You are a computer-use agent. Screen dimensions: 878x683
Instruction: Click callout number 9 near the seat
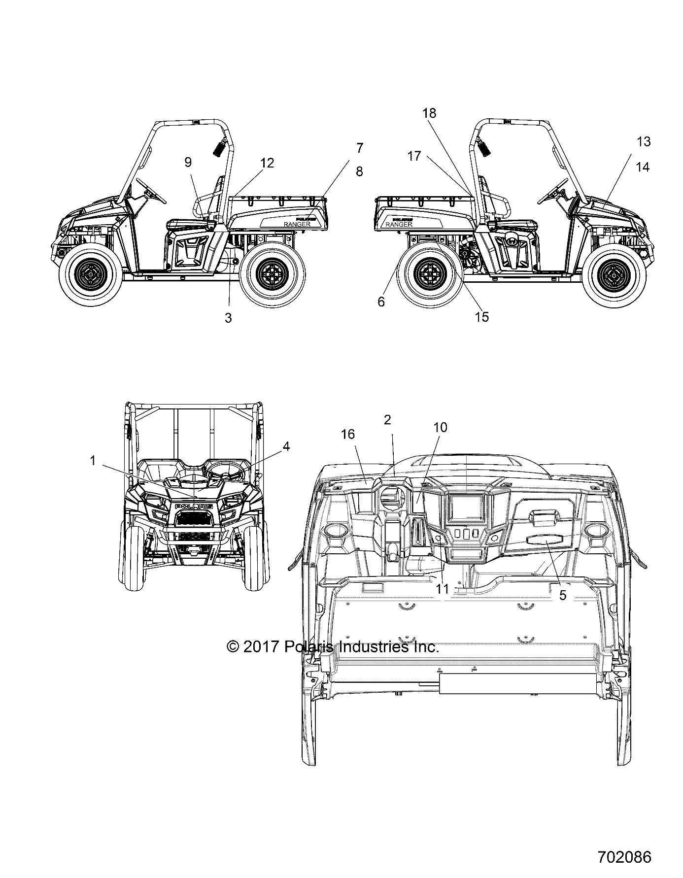pyautogui.click(x=188, y=163)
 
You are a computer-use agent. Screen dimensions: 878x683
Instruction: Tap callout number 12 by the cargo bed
pyautogui.click(x=267, y=163)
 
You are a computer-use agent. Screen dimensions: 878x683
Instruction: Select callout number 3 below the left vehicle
pyautogui.click(x=228, y=318)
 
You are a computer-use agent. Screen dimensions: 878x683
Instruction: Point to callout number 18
pyautogui.click(x=429, y=113)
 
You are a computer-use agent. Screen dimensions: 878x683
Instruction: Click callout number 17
pyautogui.click(x=414, y=156)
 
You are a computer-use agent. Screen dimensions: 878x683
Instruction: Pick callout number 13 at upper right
pyautogui.click(x=644, y=142)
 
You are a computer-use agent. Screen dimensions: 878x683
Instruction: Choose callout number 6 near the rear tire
pyautogui.click(x=381, y=302)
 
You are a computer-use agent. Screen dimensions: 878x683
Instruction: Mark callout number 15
pyautogui.click(x=482, y=317)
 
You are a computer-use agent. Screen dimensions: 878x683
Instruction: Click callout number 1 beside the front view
pyautogui.click(x=92, y=461)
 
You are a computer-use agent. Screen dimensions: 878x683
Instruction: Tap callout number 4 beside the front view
pyautogui.click(x=286, y=446)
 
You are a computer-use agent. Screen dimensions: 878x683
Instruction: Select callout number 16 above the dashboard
pyautogui.click(x=348, y=434)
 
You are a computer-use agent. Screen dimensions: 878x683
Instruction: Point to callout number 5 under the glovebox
pyautogui.click(x=562, y=595)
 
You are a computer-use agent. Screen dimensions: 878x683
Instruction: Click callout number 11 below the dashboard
pyautogui.click(x=443, y=588)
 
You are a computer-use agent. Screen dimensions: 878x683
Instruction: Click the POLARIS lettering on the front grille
pyautogui.click(x=194, y=506)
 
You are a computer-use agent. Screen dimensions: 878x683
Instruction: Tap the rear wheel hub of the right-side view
pyautogui.click(x=430, y=271)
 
